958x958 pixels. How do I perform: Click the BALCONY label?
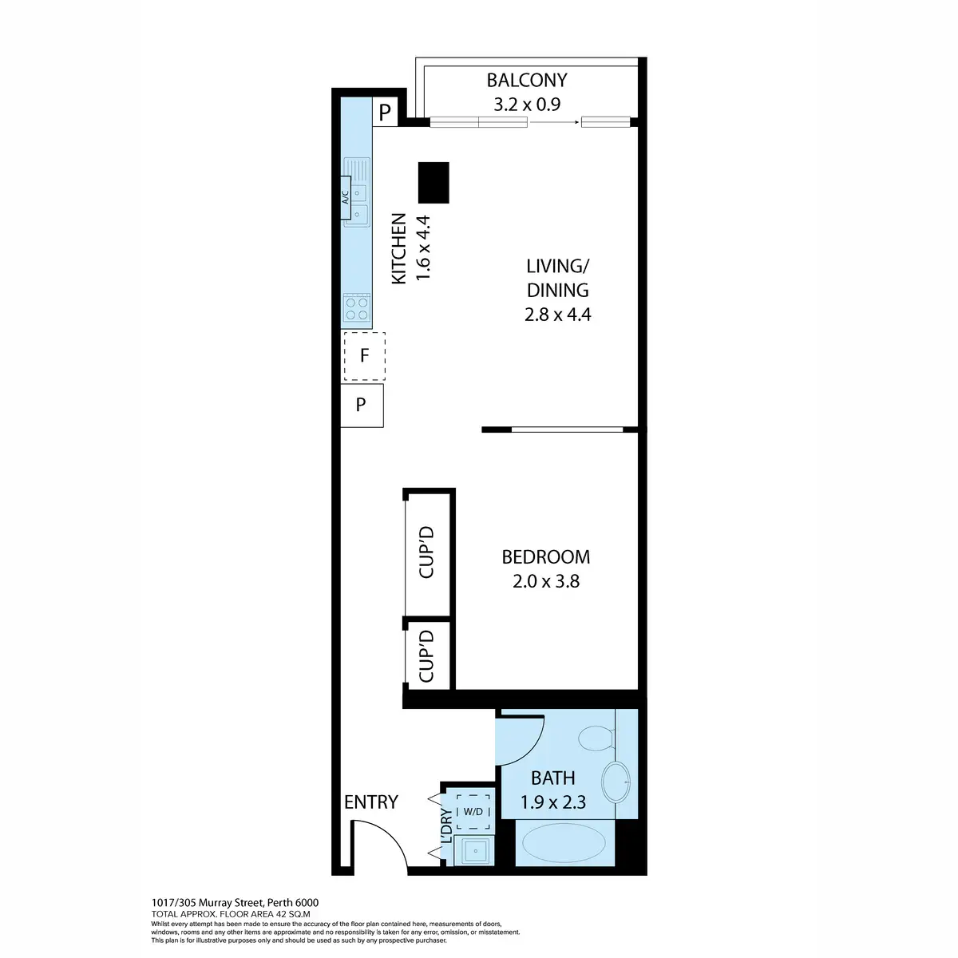point(527,80)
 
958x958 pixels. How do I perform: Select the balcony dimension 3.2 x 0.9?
point(527,105)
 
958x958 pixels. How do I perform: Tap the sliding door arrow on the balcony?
point(554,122)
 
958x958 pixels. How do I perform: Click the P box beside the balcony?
point(385,113)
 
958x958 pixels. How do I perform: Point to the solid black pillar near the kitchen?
point(433,182)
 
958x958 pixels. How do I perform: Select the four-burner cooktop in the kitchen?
point(357,308)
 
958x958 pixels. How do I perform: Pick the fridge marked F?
point(364,355)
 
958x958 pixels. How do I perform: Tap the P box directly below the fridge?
point(362,405)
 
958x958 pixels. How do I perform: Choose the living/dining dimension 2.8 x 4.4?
point(557,315)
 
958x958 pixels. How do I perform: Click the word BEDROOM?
point(546,556)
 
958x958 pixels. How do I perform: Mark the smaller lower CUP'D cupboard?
point(427,655)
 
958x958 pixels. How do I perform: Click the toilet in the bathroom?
point(595,738)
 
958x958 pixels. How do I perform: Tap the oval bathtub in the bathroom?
point(562,843)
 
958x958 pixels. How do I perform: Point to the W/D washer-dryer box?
point(473,812)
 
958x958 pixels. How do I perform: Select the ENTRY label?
point(370,802)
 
